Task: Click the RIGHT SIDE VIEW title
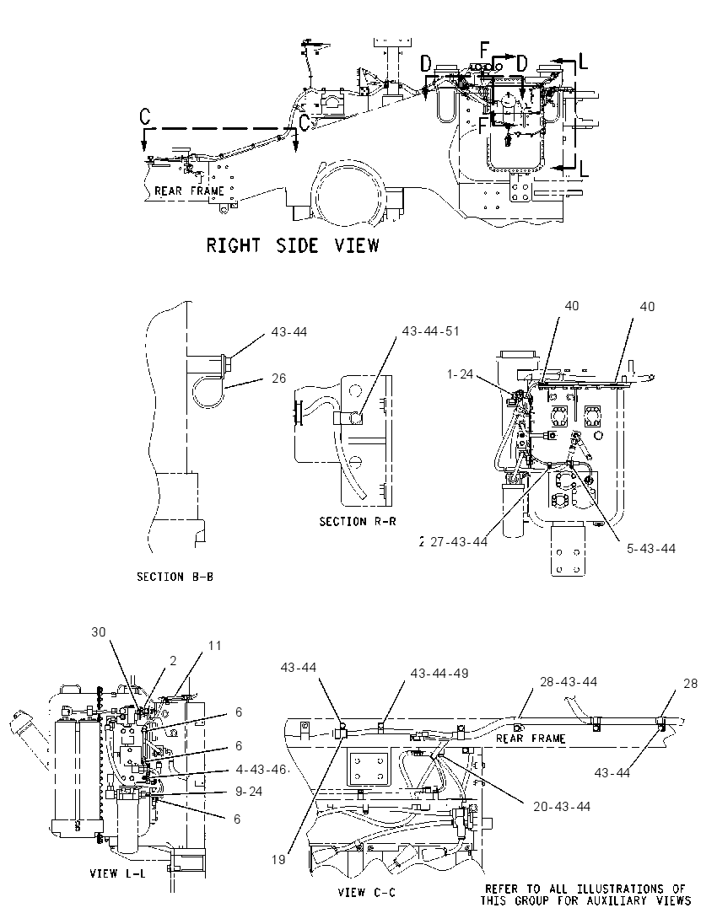click(293, 245)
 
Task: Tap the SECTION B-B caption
click(175, 577)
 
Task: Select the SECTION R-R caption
click(358, 522)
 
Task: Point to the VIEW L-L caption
click(118, 873)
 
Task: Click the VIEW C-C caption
click(367, 893)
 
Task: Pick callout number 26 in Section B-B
click(279, 378)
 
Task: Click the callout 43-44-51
click(430, 331)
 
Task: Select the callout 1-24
click(460, 373)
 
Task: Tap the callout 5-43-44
click(651, 549)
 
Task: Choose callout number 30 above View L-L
click(99, 632)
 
